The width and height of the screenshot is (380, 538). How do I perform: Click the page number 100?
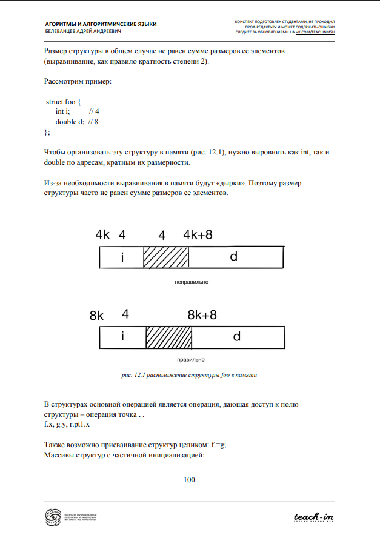pos(189,480)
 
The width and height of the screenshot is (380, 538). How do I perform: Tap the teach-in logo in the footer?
pos(313,517)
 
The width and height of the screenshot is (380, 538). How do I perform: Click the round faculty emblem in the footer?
pos(54,517)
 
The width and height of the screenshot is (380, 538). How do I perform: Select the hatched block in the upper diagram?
pos(166,257)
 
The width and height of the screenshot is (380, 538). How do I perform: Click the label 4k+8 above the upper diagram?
pos(198,236)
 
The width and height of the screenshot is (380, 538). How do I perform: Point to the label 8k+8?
pos(202,315)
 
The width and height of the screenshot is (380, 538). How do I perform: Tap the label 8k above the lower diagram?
pos(97,316)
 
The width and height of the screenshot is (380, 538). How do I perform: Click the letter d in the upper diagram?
pos(233,257)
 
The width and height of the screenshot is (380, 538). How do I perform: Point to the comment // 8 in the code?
pos(93,121)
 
